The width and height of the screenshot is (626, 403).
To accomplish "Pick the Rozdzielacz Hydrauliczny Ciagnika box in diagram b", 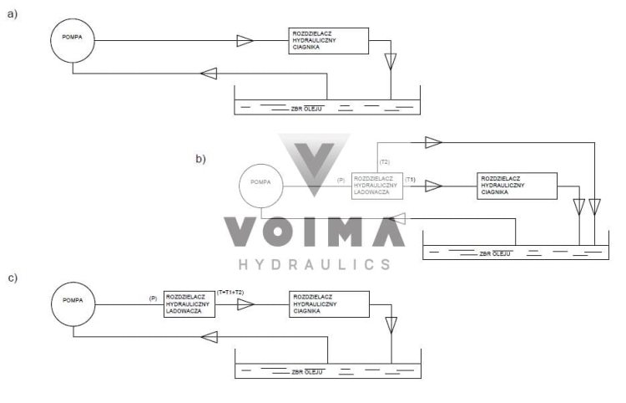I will pos(516,186).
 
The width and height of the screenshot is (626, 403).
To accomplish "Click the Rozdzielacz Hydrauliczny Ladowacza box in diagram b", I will pos(376,186).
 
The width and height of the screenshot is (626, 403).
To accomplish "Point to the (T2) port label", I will pos(386,161).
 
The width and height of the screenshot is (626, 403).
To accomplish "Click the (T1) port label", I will pos(411,179).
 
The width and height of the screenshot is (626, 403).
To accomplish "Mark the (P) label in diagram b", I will pos(341,180).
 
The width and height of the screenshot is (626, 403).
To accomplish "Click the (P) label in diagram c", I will pos(153,297).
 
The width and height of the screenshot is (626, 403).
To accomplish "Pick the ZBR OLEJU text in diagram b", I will pos(497,253).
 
